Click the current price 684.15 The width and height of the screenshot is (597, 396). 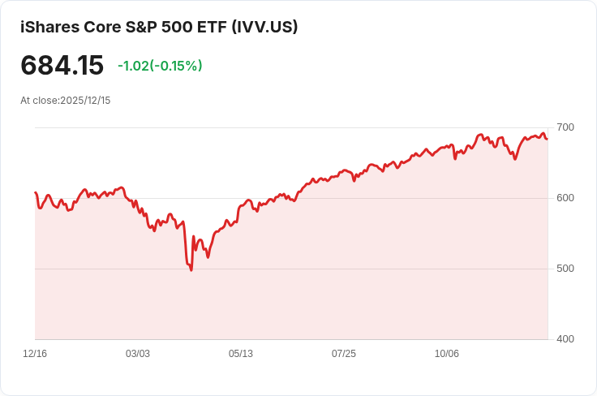62,66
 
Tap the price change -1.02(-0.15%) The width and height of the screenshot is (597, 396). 160,66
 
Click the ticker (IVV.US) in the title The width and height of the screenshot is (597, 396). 264,27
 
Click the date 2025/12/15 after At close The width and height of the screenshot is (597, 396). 85,101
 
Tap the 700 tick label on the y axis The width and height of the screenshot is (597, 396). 565,127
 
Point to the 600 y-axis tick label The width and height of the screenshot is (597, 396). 565,198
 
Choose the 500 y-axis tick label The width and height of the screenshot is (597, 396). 565,269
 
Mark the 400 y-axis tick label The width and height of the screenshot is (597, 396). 565,339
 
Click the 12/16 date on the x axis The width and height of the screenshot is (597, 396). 35,354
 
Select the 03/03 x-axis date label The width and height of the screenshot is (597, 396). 138,354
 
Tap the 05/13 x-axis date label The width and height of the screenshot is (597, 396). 241,354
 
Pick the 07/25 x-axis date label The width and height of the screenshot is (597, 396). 344,354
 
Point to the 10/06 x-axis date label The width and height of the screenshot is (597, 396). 447,354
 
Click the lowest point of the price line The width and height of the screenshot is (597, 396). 191,270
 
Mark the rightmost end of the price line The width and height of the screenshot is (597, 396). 547,139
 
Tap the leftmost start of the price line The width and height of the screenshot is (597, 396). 35,192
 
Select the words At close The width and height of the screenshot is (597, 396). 39,101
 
